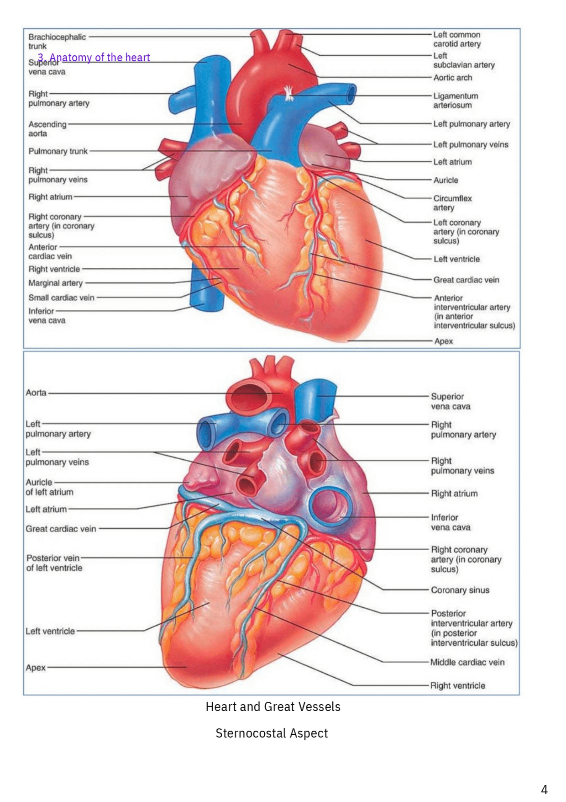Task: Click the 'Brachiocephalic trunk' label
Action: coord(57,42)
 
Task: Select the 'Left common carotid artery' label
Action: coord(456,39)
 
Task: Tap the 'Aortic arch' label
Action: coord(452,78)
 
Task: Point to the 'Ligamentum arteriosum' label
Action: coord(455,101)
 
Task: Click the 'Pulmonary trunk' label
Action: coord(58,151)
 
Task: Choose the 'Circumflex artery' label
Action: coord(452,203)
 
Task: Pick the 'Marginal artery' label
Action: coord(55,283)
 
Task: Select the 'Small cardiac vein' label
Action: coord(61,297)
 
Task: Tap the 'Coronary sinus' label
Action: coord(460,590)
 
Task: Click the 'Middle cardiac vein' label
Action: coord(467,662)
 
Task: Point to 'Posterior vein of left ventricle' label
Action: coord(54,563)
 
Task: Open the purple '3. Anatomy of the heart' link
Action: coord(94,58)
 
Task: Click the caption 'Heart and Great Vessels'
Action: coord(273,707)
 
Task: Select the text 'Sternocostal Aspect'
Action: coord(272,733)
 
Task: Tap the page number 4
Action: coord(544,790)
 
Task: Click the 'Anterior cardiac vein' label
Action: coord(50,252)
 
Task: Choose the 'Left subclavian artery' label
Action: coord(463,60)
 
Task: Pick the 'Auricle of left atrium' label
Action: coord(49,487)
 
